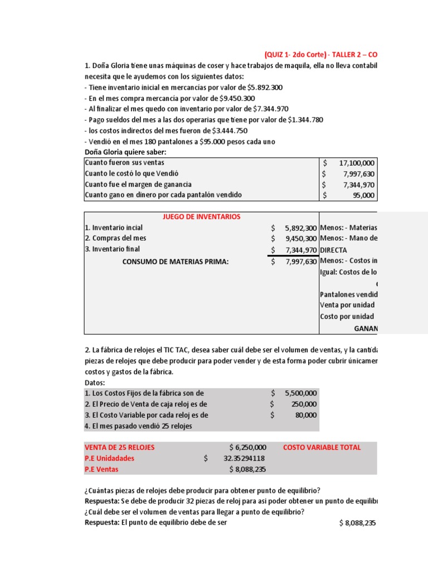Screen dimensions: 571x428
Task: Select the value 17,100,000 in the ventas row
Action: (x=357, y=163)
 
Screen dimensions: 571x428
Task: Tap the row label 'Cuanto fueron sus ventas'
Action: (x=124, y=163)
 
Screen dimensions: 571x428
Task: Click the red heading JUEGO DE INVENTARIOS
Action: (x=201, y=217)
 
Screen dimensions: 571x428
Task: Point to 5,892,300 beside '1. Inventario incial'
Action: (x=300, y=228)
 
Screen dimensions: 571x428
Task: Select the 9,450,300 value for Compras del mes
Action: (x=300, y=239)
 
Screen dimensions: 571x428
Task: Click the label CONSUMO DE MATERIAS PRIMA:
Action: (x=176, y=260)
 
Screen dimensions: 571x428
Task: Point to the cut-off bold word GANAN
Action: (x=365, y=328)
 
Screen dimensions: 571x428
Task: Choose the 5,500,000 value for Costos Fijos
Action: (x=300, y=393)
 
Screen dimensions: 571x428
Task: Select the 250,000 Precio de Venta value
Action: (x=304, y=404)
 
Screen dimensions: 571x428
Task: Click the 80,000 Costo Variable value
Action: (x=305, y=415)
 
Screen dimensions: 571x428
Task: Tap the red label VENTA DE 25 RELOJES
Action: (x=119, y=447)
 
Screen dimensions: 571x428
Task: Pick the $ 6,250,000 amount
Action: (x=247, y=447)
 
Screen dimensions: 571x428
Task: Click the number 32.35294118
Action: (x=244, y=458)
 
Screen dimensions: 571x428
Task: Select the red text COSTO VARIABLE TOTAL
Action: (x=322, y=447)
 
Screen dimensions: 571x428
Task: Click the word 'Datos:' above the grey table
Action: (x=95, y=383)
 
